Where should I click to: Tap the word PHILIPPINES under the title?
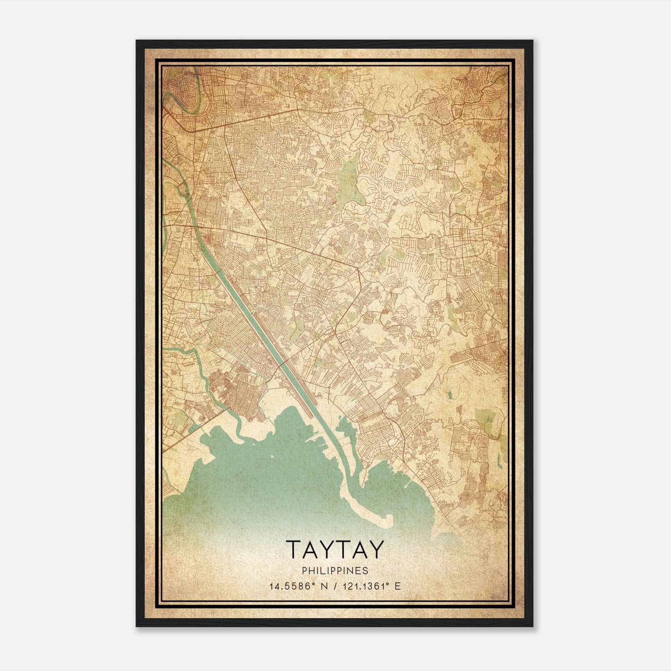click(334, 571)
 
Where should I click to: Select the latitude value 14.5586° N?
click(297, 586)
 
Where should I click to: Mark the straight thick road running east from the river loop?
click(247, 120)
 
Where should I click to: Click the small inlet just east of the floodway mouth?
click(346, 428)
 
